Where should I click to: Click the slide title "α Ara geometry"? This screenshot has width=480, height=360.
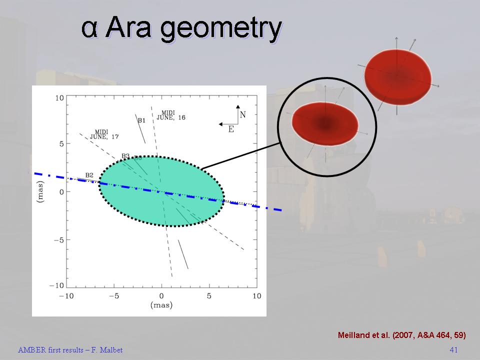point(181,28)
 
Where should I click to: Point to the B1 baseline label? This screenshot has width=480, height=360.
point(141,120)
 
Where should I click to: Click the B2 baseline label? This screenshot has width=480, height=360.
point(89,175)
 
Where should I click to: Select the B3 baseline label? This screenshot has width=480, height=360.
point(125,156)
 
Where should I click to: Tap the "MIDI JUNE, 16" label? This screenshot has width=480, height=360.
point(171,115)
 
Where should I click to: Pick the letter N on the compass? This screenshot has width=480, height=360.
point(243,115)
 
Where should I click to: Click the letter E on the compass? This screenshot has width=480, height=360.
point(231,129)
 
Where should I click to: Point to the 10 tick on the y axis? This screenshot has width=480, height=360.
point(59,98)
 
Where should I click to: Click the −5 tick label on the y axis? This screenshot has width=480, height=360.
point(59,239)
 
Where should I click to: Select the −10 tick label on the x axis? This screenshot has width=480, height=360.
point(66,295)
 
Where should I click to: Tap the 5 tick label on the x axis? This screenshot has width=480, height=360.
point(209,295)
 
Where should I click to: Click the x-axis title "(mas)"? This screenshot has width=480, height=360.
point(161,305)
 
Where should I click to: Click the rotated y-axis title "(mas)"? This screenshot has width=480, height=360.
point(40,191)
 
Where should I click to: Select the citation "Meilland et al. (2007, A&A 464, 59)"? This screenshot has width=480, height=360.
point(402,335)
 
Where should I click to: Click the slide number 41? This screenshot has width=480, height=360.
point(453,349)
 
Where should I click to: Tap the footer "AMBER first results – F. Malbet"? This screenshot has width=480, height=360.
point(70,350)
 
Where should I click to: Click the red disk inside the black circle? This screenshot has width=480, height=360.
point(325,123)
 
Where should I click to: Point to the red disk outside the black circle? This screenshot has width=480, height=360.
point(397,76)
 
